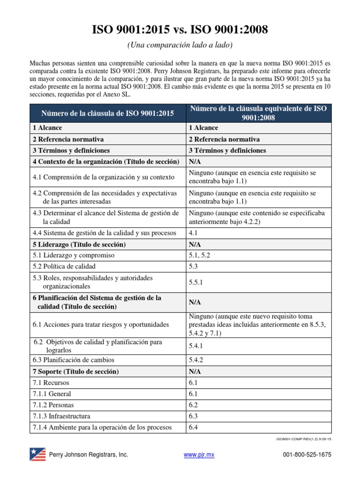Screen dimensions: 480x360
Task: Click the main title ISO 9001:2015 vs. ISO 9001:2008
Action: click(180, 30)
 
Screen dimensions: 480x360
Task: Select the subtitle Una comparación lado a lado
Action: click(180, 45)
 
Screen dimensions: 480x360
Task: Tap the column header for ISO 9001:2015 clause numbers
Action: click(107, 113)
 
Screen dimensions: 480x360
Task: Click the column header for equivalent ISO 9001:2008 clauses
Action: click(258, 113)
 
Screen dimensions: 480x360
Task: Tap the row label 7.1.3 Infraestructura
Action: click(61, 416)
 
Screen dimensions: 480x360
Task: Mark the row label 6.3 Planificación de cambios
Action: click(73, 360)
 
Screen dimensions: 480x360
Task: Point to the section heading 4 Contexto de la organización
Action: click(106, 162)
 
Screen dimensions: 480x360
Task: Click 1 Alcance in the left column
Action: click(47, 128)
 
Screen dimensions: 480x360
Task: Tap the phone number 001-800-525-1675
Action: click(307, 455)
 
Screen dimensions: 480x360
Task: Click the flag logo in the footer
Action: click(37, 455)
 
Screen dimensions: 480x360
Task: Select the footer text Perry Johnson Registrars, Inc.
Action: click(89, 455)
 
